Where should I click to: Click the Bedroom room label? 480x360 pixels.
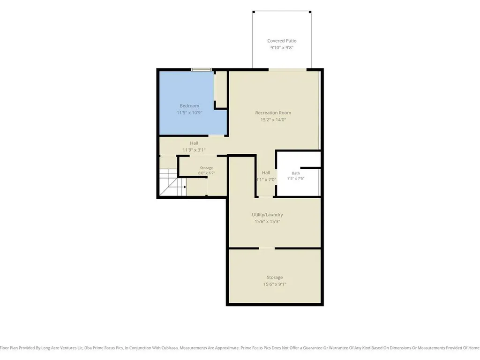[189, 106]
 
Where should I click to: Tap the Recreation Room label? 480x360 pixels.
[273, 112]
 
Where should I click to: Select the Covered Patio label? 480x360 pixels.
[282, 41]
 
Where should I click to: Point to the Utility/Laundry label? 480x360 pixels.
[267, 215]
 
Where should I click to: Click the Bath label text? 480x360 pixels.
[296, 173]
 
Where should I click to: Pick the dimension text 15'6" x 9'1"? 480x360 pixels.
[275, 284]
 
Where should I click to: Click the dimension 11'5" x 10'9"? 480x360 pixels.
[189, 112]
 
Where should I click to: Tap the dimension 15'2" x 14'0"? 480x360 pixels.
[273, 120]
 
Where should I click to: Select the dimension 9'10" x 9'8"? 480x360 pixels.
[282, 48]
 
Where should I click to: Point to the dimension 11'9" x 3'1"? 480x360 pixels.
[194, 150]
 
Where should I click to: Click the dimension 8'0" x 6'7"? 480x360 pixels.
[206, 173]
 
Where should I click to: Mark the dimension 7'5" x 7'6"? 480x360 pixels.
[296, 179]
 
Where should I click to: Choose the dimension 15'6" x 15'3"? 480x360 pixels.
[267, 222]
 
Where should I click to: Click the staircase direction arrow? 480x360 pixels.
[185, 187]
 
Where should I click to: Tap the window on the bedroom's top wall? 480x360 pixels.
[201, 70]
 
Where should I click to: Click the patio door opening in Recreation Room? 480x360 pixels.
[287, 70]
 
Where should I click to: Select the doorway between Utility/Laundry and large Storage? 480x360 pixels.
[267, 248]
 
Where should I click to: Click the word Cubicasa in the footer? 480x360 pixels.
[169, 348]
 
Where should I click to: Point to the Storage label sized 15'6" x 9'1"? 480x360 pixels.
[275, 277]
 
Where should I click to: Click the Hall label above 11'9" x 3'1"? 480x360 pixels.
[194, 143]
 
